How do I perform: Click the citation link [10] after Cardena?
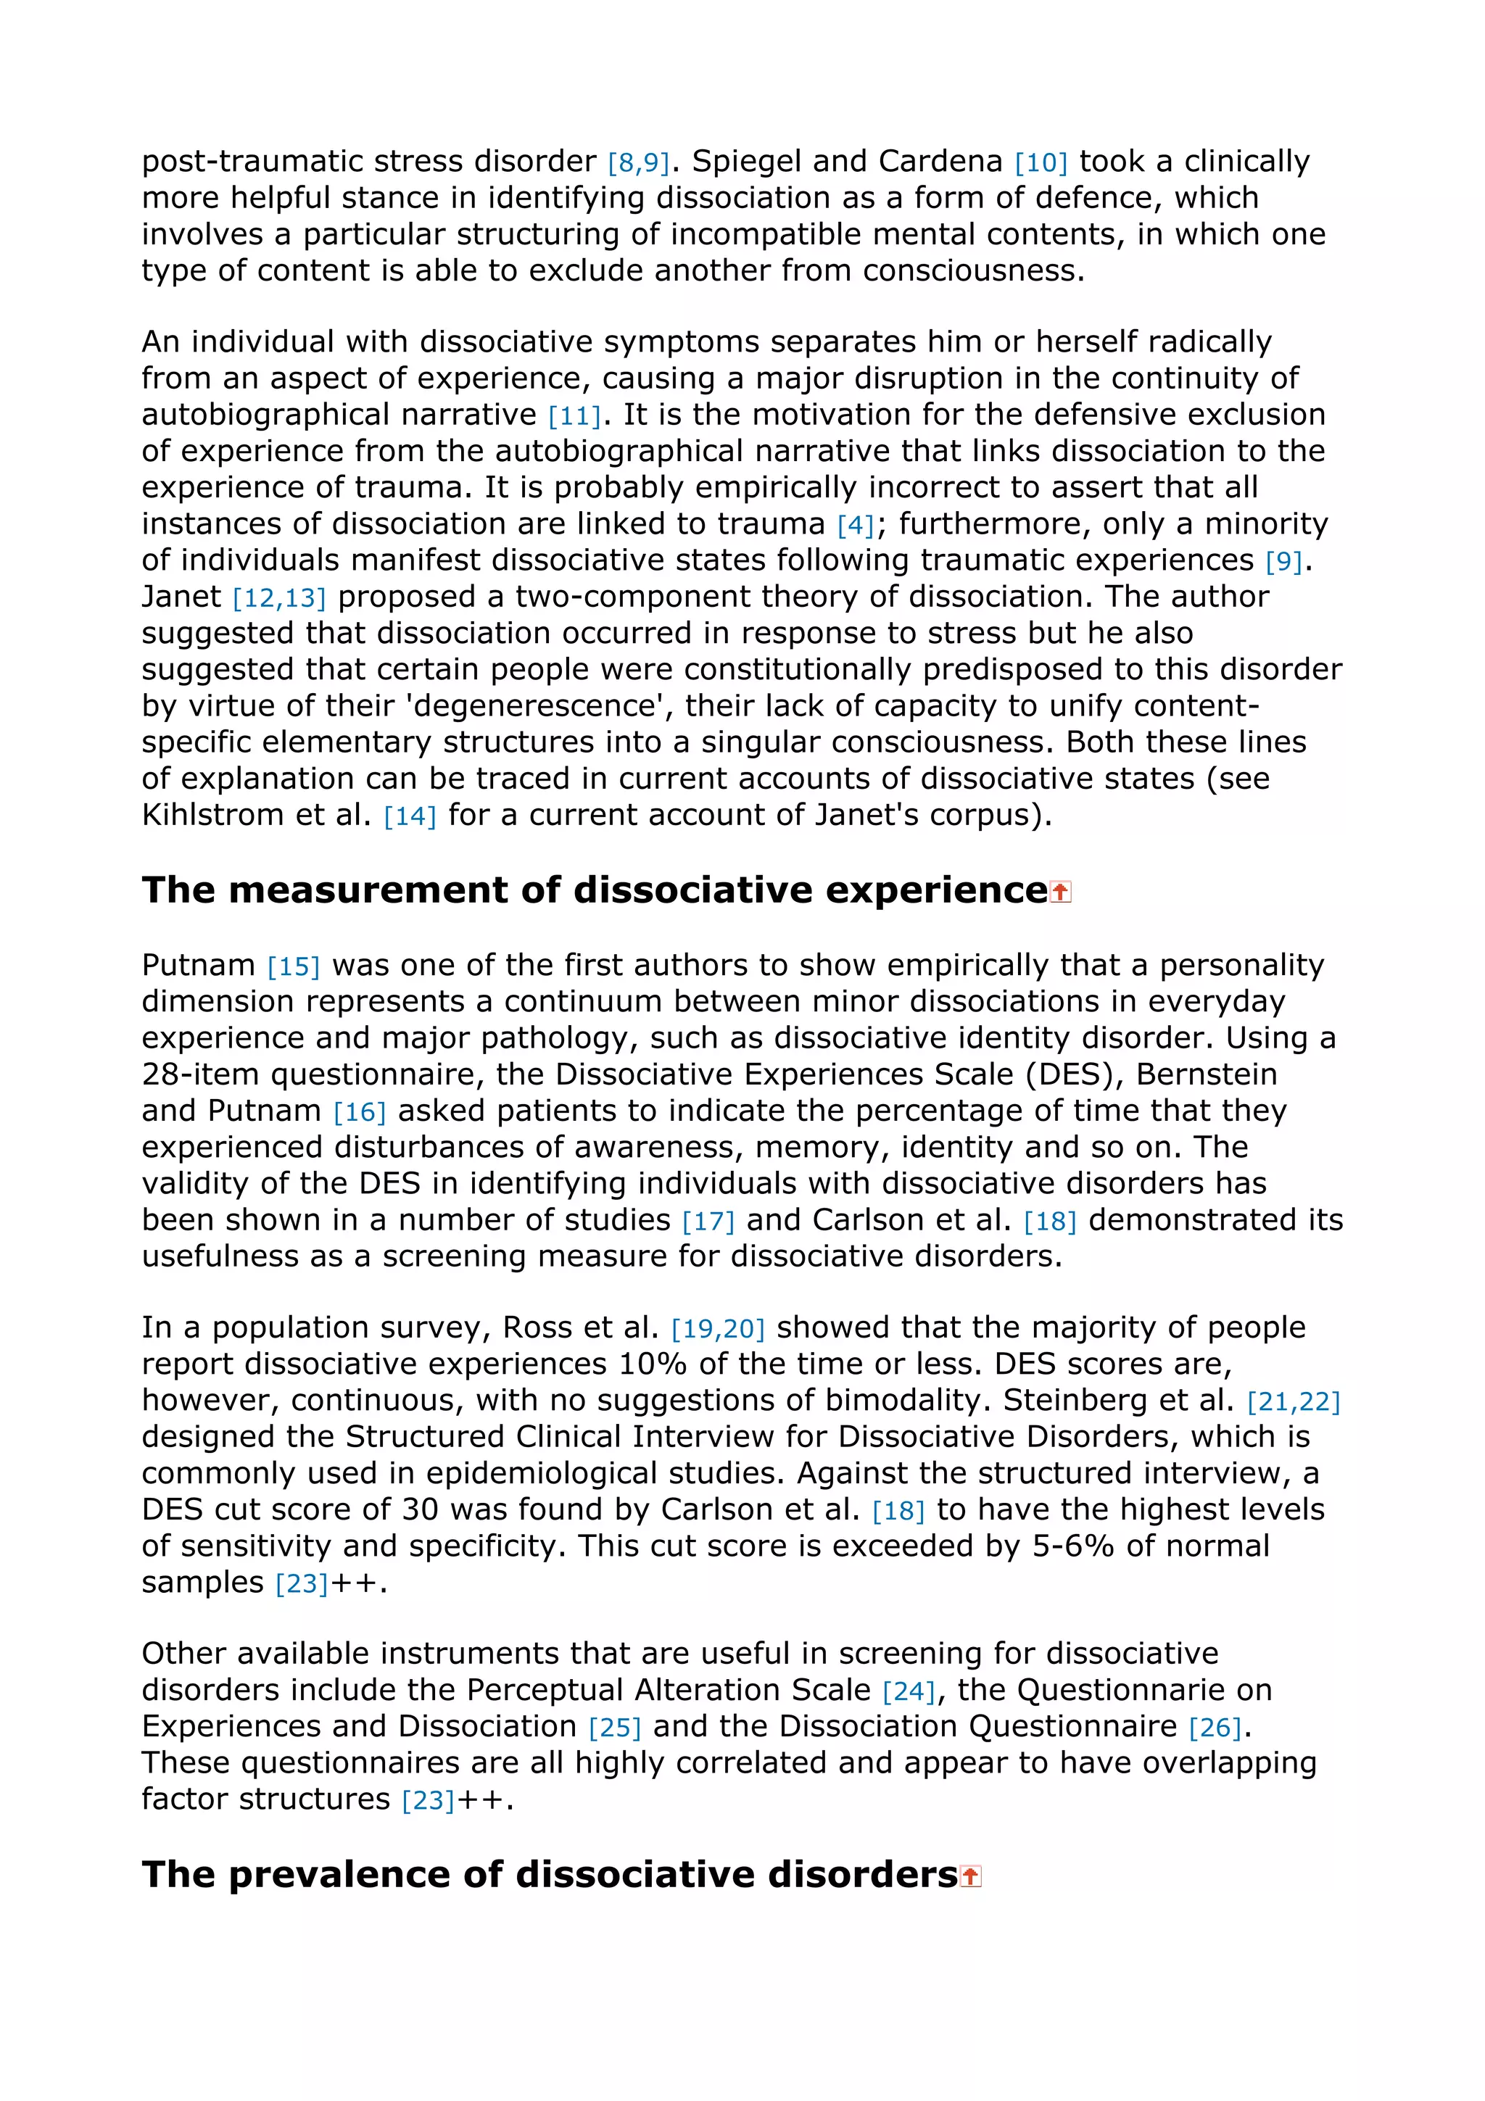click(x=1041, y=163)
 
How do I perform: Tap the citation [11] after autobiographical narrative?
click(x=574, y=416)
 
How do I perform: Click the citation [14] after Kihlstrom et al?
click(x=409, y=816)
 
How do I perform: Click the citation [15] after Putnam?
click(x=293, y=967)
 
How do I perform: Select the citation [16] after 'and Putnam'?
click(x=359, y=1113)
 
